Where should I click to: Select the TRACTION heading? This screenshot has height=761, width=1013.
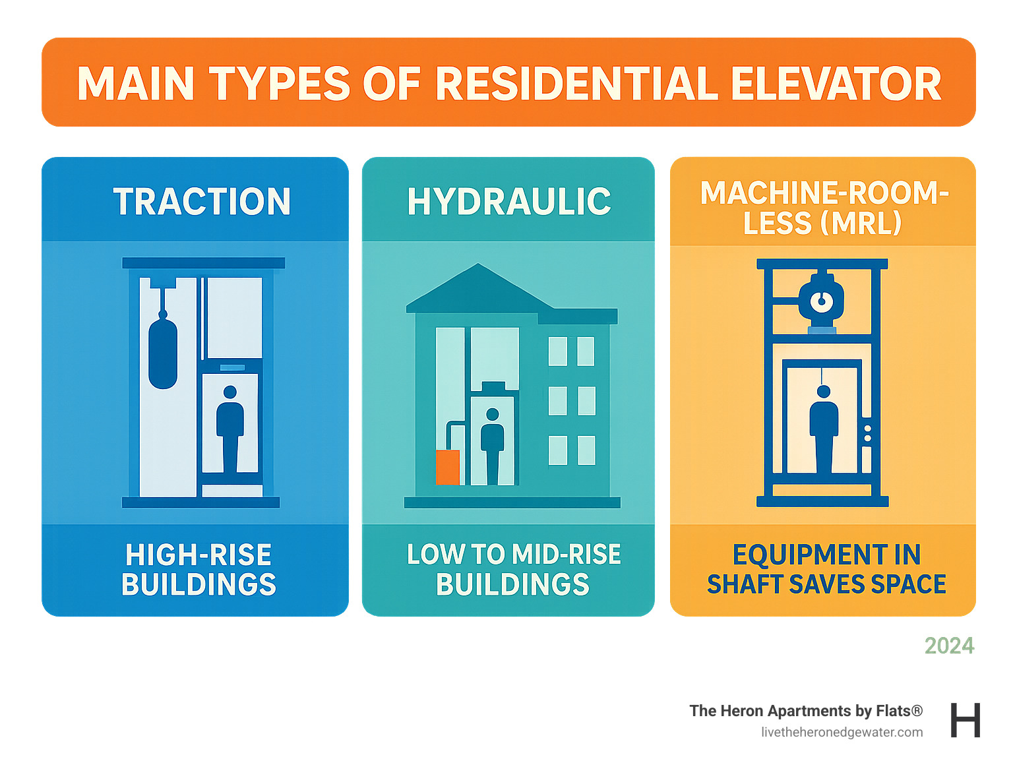pos(202,202)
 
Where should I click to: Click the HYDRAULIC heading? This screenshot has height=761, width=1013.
pos(508,202)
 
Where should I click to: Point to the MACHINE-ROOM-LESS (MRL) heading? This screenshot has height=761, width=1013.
pos(823,208)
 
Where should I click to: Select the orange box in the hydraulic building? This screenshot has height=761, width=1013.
pos(448,467)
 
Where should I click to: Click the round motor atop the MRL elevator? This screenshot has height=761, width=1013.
pos(821,301)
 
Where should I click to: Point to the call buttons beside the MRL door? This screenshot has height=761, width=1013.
pos(867,433)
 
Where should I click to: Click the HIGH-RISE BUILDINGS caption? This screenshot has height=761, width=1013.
pos(199,570)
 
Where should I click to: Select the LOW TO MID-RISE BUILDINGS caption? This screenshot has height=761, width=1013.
pos(513,570)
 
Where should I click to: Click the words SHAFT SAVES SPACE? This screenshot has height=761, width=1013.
pos(826,584)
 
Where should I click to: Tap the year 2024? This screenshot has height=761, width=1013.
pos(949,646)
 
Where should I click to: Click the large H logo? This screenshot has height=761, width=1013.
pos(966,720)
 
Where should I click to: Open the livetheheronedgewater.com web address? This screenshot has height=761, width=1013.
pos(842,732)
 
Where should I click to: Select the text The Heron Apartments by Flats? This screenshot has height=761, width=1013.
pos(805,711)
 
